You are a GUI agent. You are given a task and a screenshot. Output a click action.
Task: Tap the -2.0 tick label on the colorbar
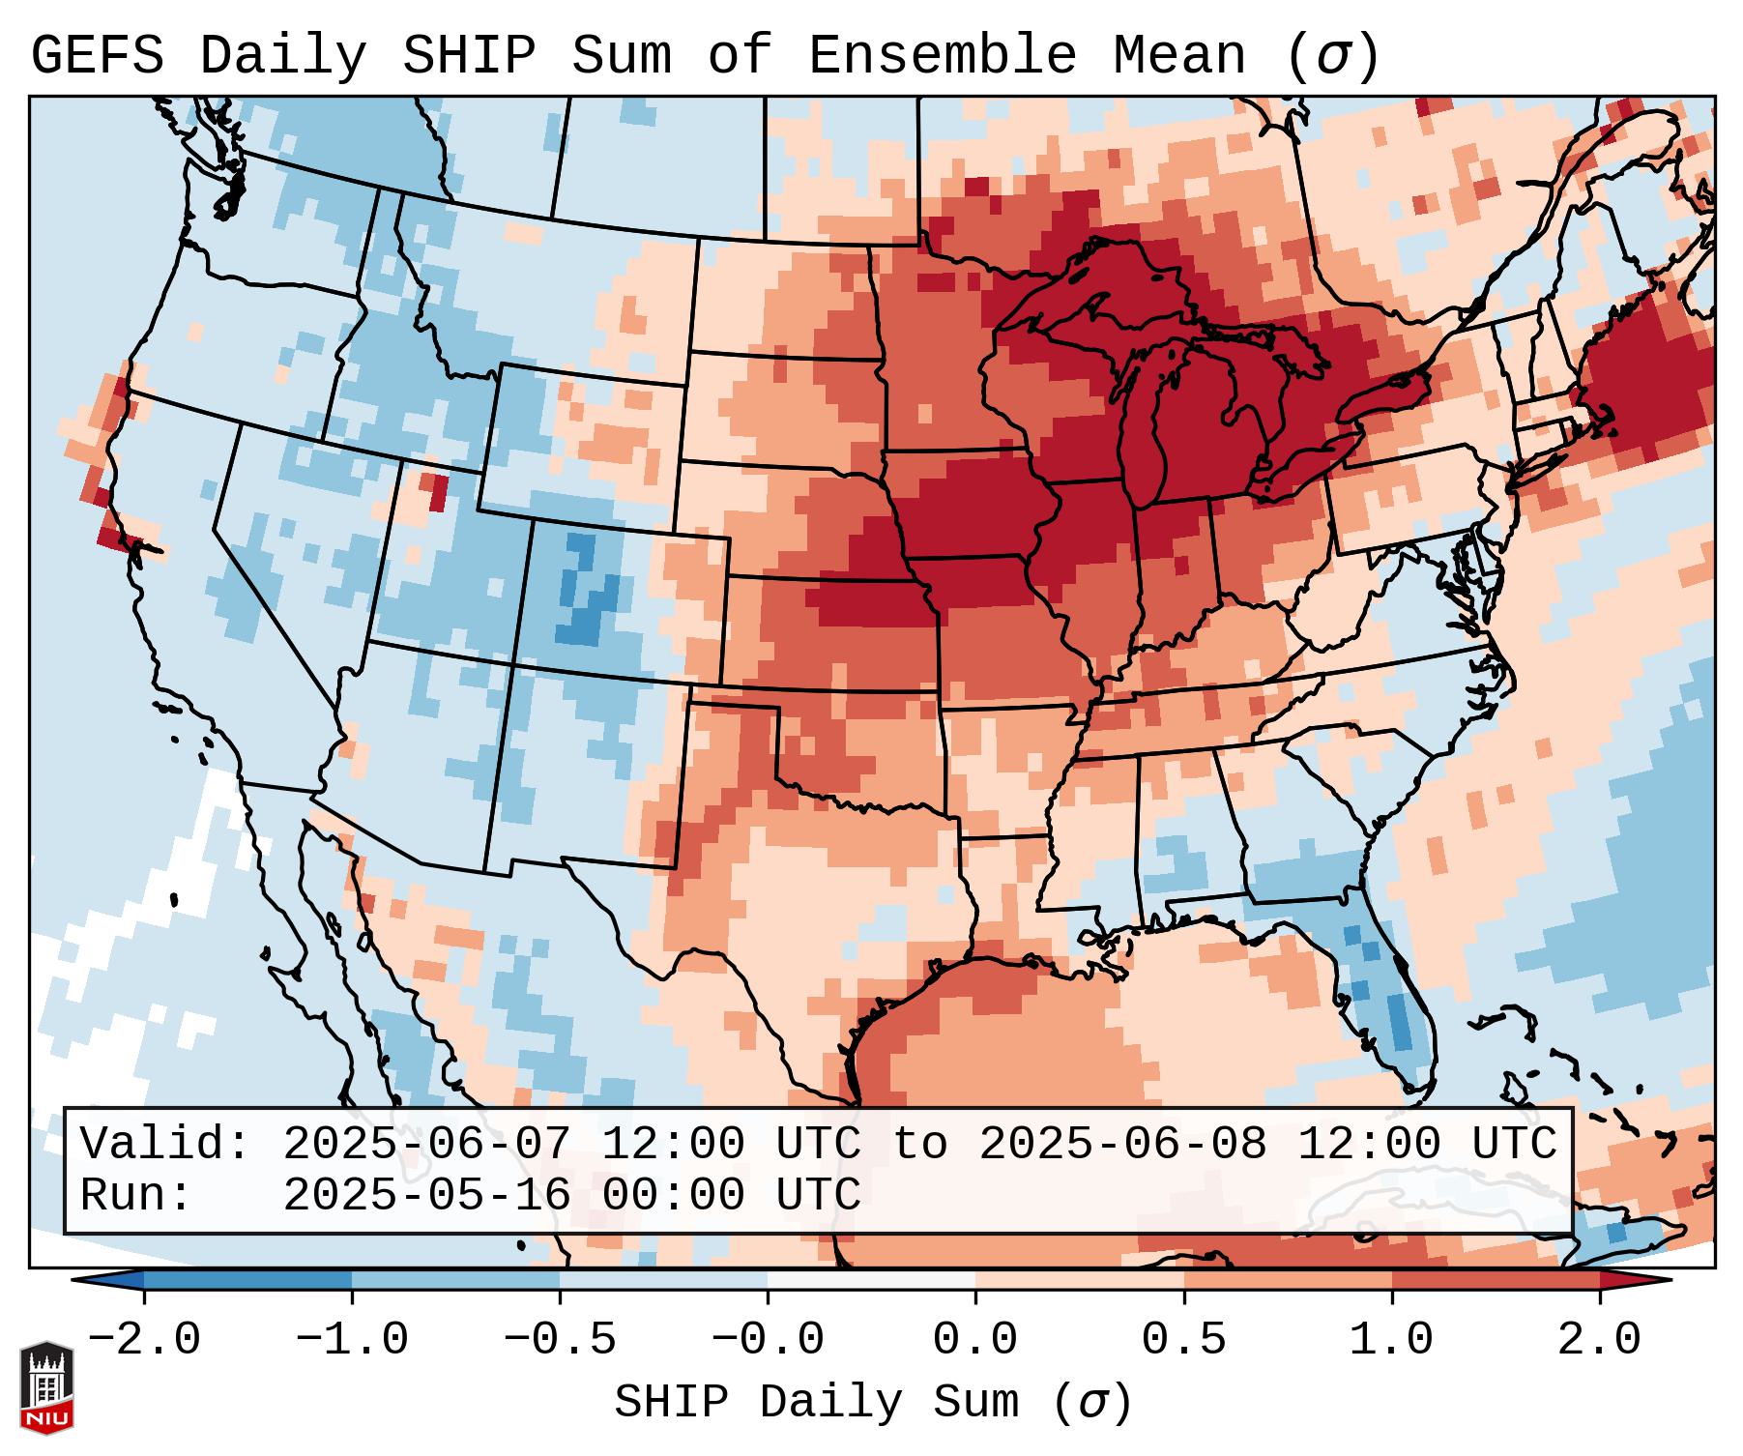[144, 1340]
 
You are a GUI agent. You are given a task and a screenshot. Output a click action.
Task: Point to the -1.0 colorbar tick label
[352, 1340]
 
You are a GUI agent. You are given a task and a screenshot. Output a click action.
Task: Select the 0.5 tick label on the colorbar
[1183, 1340]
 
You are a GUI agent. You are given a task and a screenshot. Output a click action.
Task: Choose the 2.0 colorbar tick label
[1599, 1340]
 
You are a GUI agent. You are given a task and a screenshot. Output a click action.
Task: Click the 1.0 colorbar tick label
[1391, 1340]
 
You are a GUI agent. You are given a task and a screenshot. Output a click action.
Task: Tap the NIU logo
[46, 1386]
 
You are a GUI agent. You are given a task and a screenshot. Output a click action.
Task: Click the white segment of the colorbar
[871, 1280]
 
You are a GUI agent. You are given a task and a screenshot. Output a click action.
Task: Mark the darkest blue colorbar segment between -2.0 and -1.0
[247, 1280]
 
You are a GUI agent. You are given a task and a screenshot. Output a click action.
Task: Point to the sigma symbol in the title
[1332, 57]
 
